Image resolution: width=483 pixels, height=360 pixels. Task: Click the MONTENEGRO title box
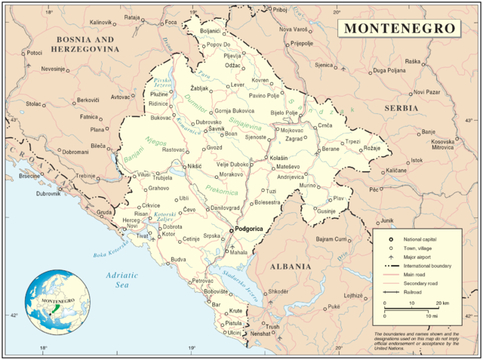tap(399, 28)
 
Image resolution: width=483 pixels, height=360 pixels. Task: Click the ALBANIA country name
tap(291, 266)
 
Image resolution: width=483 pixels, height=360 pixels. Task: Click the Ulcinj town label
tap(234, 332)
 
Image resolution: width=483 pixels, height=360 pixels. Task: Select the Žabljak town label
tap(199, 88)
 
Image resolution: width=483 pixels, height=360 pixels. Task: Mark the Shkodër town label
tap(278, 291)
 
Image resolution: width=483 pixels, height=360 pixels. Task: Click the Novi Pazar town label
tap(426, 92)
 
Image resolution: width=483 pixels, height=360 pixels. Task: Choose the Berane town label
tap(331, 149)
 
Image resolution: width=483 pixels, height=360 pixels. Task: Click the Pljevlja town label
tap(233, 55)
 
